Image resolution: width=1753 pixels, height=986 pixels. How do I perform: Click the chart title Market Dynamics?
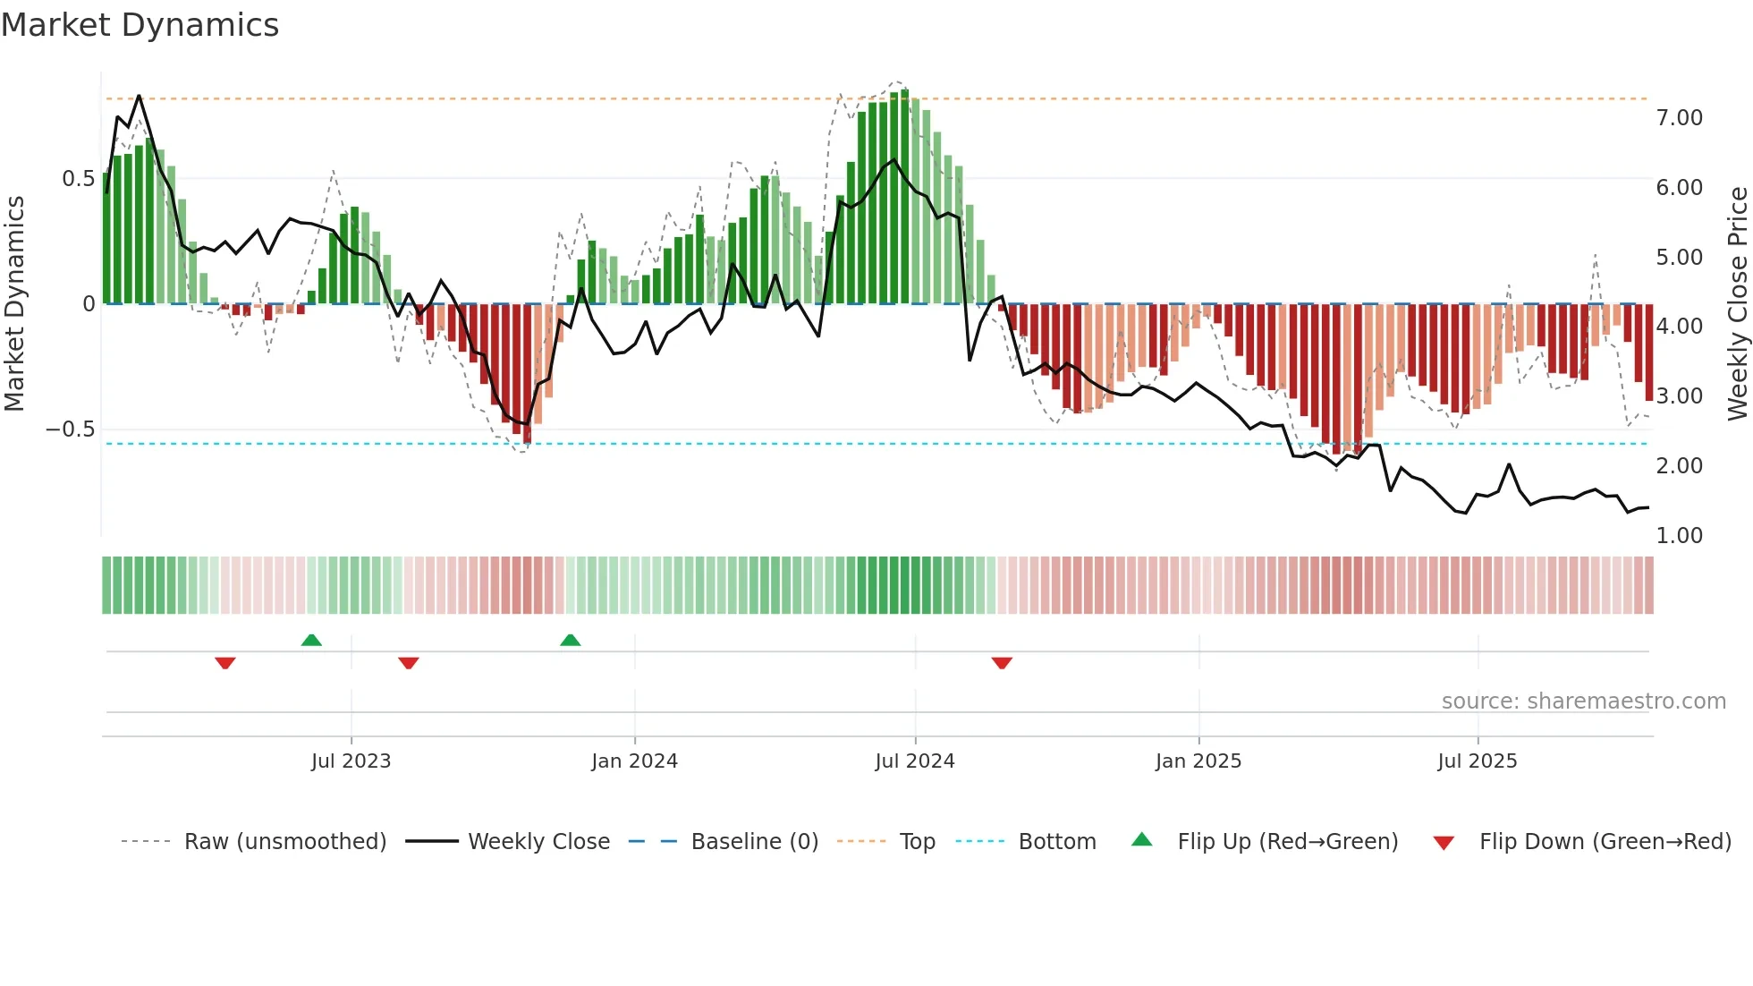click(140, 25)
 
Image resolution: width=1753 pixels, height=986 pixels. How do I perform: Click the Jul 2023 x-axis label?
click(351, 761)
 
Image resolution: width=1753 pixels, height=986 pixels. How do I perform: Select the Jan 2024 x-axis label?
click(634, 761)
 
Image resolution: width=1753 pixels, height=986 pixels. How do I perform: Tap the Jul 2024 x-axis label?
click(914, 761)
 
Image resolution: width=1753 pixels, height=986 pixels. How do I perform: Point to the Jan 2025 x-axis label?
click(1198, 761)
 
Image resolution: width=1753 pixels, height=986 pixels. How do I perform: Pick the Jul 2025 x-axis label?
click(1477, 761)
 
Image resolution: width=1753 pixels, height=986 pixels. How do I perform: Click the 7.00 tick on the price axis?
click(1679, 118)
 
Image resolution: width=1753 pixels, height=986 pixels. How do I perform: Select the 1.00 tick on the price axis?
click(1679, 536)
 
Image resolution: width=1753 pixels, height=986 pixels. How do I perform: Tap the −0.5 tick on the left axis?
click(70, 429)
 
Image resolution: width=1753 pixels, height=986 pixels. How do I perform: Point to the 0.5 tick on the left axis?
click(78, 179)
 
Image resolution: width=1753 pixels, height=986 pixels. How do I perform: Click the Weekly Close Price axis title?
click(1737, 303)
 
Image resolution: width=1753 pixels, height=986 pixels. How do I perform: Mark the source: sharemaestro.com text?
click(1583, 701)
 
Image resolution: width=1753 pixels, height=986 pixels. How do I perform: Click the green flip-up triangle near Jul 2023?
click(311, 641)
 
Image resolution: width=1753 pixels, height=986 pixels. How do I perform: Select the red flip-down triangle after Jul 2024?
click(1002, 663)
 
